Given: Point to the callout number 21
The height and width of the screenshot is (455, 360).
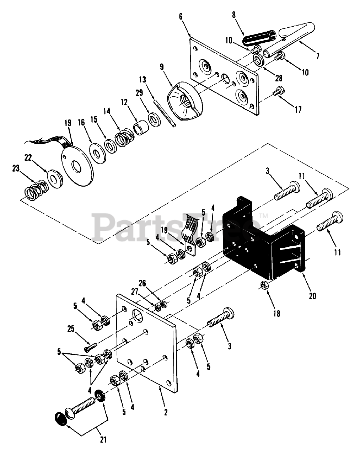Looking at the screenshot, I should tap(103, 439).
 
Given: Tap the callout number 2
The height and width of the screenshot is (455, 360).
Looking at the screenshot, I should tap(166, 412).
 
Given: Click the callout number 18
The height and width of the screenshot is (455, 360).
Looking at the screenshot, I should tap(276, 314).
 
